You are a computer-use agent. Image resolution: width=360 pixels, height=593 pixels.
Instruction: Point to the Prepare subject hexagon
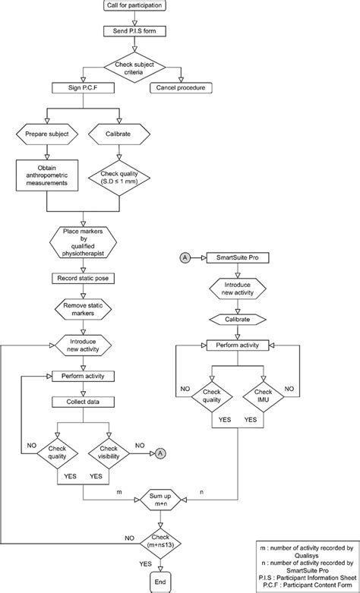click(47, 136)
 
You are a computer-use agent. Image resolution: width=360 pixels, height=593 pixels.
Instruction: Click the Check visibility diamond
click(109, 453)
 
